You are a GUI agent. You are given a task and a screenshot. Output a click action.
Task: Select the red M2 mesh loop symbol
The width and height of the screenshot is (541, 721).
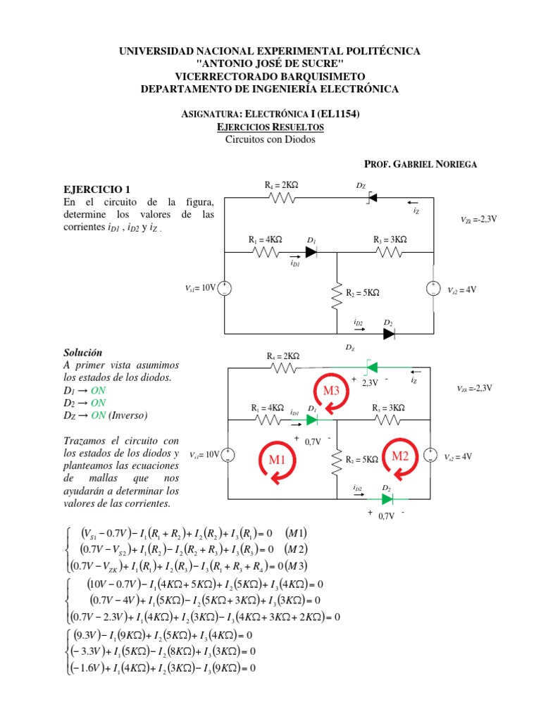(399, 456)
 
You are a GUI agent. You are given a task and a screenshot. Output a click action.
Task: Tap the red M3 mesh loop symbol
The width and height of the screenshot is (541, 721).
(331, 391)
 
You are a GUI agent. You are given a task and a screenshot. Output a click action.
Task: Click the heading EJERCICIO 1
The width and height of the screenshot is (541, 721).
(97, 189)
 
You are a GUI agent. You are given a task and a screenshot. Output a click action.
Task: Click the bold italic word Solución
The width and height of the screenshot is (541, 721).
(83, 352)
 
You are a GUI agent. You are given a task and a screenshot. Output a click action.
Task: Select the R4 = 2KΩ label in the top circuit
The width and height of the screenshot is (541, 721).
(282, 184)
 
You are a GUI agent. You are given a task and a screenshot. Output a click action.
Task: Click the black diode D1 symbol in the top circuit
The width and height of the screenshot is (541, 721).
(311, 253)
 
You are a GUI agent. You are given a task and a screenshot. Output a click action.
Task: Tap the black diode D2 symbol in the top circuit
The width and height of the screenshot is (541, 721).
(388, 334)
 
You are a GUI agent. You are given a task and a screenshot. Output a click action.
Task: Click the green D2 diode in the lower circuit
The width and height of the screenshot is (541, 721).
(387, 499)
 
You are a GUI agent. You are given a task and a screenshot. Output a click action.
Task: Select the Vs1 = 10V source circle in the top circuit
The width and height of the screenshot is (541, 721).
(224, 289)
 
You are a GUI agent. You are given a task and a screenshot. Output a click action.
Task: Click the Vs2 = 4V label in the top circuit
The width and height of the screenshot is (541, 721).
(462, 289)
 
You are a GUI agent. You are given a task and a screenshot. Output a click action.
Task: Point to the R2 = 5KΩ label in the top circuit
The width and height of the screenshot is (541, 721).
(362, 291)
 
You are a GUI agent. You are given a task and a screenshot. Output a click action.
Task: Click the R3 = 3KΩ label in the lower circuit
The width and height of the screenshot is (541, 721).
(390, 408)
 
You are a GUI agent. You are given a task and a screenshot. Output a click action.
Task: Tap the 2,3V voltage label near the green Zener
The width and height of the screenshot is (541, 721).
(371, 382)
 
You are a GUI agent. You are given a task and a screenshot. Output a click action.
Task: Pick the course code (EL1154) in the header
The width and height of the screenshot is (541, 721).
(338, 114)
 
